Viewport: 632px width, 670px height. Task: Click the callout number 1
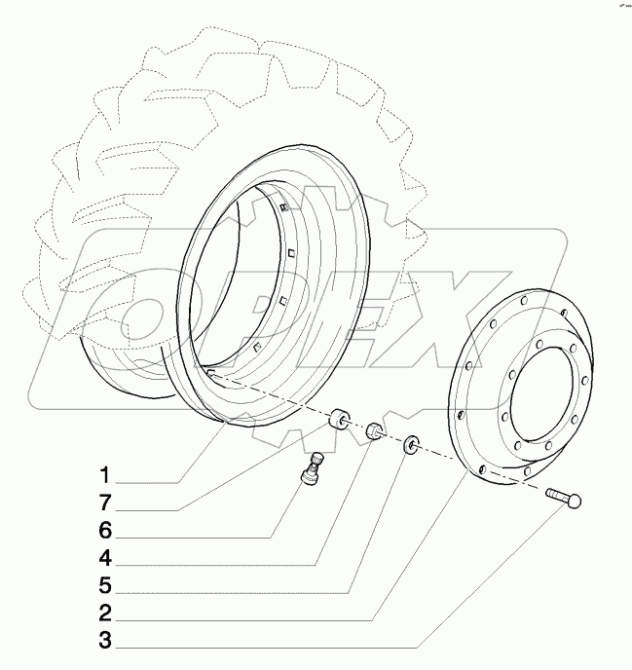tap(102, 476)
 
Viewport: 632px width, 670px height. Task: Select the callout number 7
tap(102, 504)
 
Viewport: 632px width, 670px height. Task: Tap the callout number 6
tap(102, 532)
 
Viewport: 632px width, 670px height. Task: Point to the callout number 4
tap(102, 560)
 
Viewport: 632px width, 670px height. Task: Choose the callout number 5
tap(102, 587)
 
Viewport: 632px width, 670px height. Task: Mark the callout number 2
tap(102, 615)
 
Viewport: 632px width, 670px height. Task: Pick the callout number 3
tap(102, 643)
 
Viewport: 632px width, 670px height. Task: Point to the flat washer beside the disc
tap(413, 446)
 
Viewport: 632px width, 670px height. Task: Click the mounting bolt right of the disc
tap(563, 499)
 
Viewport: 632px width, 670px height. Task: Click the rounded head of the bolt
tap(574, 501)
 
